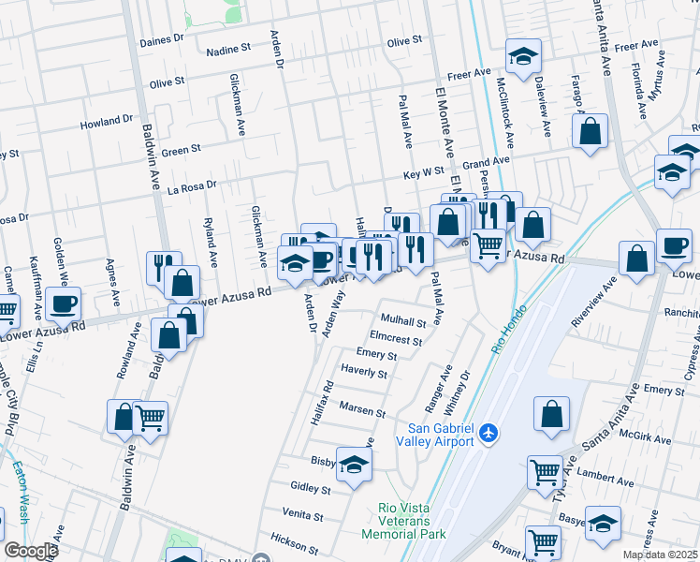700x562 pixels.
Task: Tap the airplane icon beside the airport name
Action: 488,434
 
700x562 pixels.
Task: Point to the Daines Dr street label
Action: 162,40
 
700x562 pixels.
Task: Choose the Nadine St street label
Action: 229,47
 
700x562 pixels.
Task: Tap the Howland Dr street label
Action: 107,122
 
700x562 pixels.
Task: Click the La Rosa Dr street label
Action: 191,185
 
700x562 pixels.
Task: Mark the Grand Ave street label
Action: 486,163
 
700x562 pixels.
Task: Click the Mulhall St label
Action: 402,322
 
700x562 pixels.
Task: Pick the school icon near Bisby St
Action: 354,465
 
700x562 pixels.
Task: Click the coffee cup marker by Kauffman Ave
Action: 64,303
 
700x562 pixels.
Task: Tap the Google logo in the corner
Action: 30,551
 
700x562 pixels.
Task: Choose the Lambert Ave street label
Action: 599,475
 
